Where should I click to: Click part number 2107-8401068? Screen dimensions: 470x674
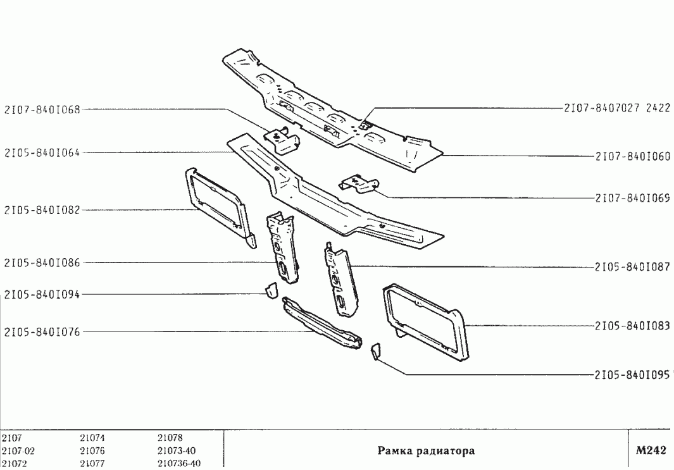[42, 109]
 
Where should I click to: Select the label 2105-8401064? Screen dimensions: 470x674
[42, 152]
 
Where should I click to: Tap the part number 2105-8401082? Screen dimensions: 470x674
[42, 209]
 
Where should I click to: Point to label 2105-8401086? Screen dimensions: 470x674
[42, 262]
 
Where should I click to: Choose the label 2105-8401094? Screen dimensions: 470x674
[42, 294]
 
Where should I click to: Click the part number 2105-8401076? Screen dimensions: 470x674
[42, 330]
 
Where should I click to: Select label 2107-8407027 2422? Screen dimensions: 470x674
[618, 108]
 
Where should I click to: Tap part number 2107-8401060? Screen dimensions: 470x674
[632, 156]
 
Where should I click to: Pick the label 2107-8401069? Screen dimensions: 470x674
[632, 197]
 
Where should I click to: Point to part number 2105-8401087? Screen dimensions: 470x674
[632, 267]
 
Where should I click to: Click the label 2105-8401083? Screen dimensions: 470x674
[632, 326]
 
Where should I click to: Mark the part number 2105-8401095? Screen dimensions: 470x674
[632, 374]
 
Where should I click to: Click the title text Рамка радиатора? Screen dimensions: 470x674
[426, 451]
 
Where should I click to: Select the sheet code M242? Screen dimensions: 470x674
[651, 450]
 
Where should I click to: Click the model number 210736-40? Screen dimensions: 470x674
[178, 464]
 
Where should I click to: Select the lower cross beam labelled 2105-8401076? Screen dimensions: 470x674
[323, 323]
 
